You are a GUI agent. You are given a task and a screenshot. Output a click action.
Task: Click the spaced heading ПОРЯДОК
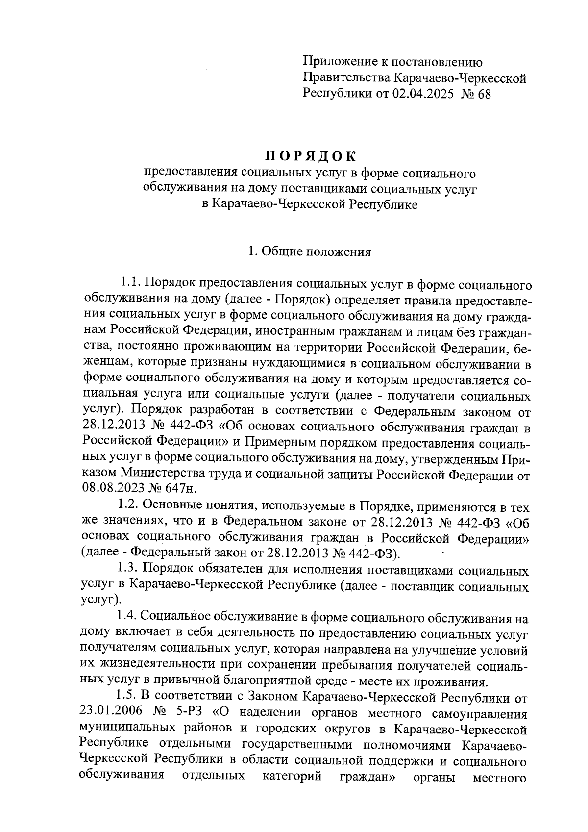(311, 156)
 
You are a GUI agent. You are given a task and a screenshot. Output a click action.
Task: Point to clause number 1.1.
(131, 284)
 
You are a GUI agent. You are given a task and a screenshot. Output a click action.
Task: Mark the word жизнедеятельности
(154, 666)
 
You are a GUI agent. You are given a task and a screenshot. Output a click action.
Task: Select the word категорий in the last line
(292, 777)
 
